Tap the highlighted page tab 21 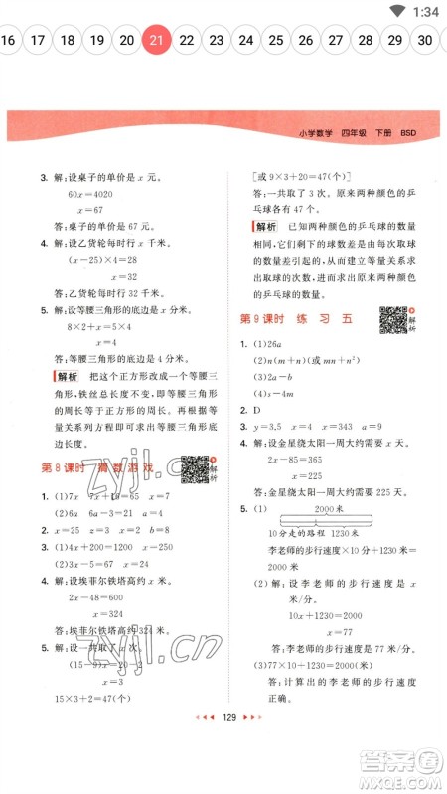(x=156, y=41)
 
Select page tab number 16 (x=9, y=41)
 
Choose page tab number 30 (x=425, y=41)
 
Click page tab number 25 (x=275, y=41)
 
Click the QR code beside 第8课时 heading (x=196, y=467)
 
